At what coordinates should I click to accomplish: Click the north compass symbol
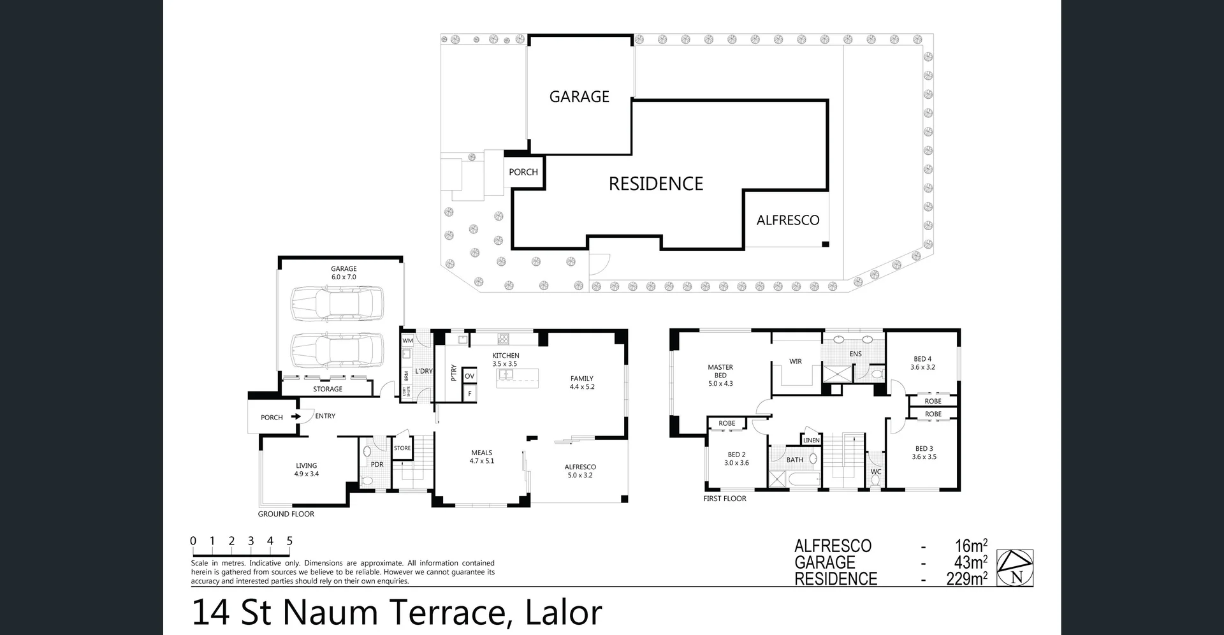click(1014, 568)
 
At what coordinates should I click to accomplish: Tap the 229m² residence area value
click(966, 579)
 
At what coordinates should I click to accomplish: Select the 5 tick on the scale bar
click(289, 541)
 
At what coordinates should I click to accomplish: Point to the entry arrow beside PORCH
click(296, 417)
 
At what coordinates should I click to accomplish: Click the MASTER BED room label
click(720, 375)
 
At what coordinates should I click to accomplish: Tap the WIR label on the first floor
click(796, 361)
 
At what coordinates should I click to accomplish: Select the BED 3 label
click(924, 453)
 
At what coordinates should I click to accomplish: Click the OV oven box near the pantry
click(470, 376)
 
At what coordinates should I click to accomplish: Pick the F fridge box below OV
click(470, 394)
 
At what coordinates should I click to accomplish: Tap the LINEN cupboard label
click(812, 441)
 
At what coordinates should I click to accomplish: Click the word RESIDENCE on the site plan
click(655, 184)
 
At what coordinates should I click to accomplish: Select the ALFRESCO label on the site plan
click(788, 221)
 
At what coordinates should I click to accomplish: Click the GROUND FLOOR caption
click(286, 514)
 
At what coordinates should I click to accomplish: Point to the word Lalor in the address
click(563, 613)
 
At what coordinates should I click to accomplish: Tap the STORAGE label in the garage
click(328, 389)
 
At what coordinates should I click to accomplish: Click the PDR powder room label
click(377, 464)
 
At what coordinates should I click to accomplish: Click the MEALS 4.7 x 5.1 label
click(482, 456)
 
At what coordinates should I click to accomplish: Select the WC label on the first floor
click(876, 472)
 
